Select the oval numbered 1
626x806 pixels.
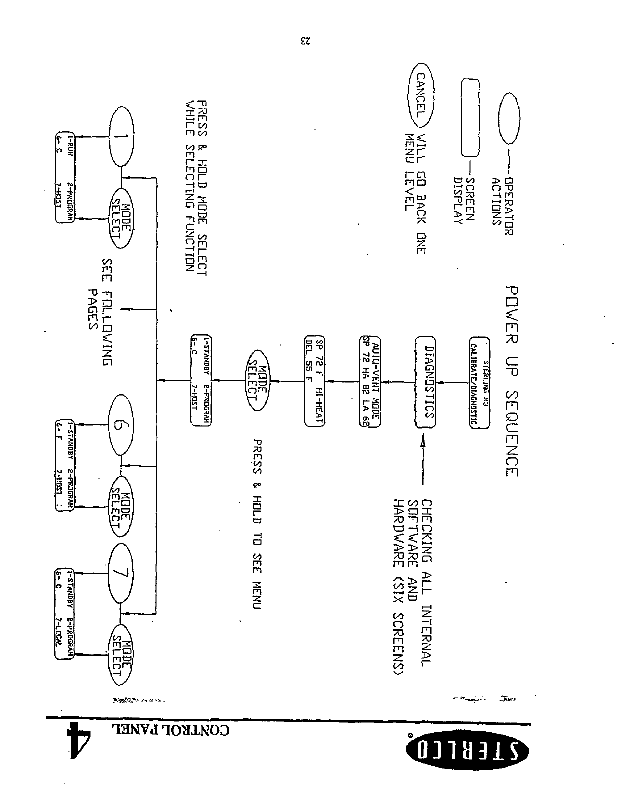click(121, 136)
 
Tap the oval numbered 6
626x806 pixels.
click(121, 425)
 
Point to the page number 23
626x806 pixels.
click(305, 41)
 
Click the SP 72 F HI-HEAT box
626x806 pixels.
click(315, 381)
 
